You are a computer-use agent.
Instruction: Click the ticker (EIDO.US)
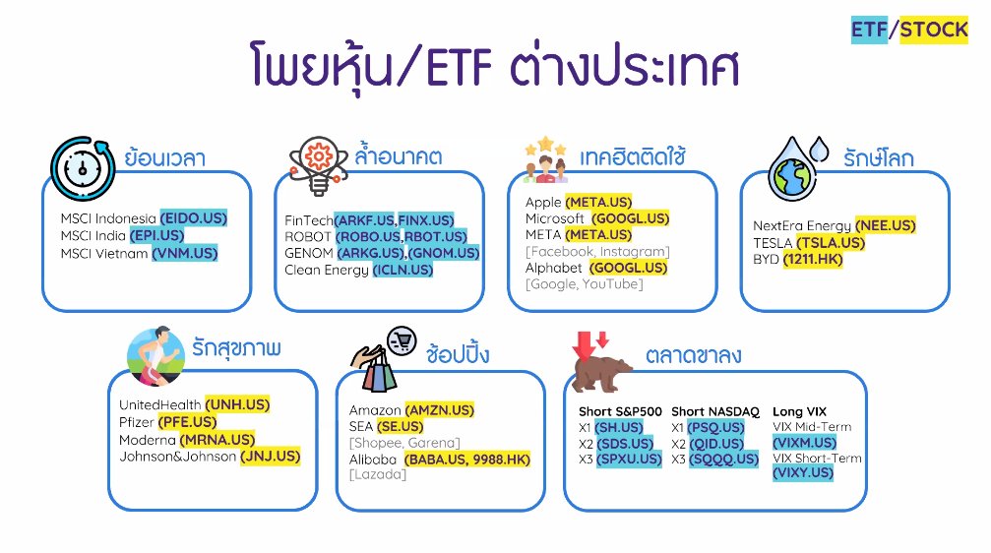[193, 217]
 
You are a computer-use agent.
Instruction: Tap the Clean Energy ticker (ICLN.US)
[403, 270]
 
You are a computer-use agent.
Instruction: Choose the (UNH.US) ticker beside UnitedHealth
[237, 404]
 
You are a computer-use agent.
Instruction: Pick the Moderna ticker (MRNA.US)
[217, 440]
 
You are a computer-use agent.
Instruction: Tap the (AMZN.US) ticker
[439, 409]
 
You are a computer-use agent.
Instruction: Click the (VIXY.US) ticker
[803, 473]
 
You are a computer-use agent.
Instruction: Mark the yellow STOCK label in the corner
[935, 31]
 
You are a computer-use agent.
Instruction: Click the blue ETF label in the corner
[869, 31]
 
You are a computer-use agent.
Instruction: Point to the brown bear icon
[602, 368]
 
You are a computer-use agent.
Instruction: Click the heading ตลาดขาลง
[694, 355]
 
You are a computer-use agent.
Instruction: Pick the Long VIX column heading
[800, 411]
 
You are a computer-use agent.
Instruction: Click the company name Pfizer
[137, 422]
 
